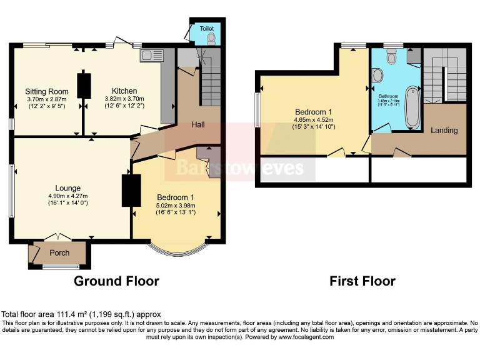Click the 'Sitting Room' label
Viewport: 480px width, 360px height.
pyautogui.click(x=47, y=91)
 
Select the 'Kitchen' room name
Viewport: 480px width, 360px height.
pyautogui.click(x=124, y=91)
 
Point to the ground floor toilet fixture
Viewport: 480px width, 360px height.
pyautogui.click(x=211, y=38)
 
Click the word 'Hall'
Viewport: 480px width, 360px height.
pyautogui.click(x=198, y=125)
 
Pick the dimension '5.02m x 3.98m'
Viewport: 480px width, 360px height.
pyautogui.click(x=176, y=205)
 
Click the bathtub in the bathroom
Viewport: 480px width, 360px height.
pyautogui.click(x=413, y=107)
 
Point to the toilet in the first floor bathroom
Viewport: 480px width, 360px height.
pyautogui.click(x=391, y=57)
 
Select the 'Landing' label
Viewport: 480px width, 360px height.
pyautogui.click(x=444, y=131)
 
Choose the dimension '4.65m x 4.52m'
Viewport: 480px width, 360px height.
pyautogui.click(x=313, y=119)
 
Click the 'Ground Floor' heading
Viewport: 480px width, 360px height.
pyautogui.click(x=116, y=281)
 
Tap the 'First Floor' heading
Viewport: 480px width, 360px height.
pyautogui.click(x=362, y=281)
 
